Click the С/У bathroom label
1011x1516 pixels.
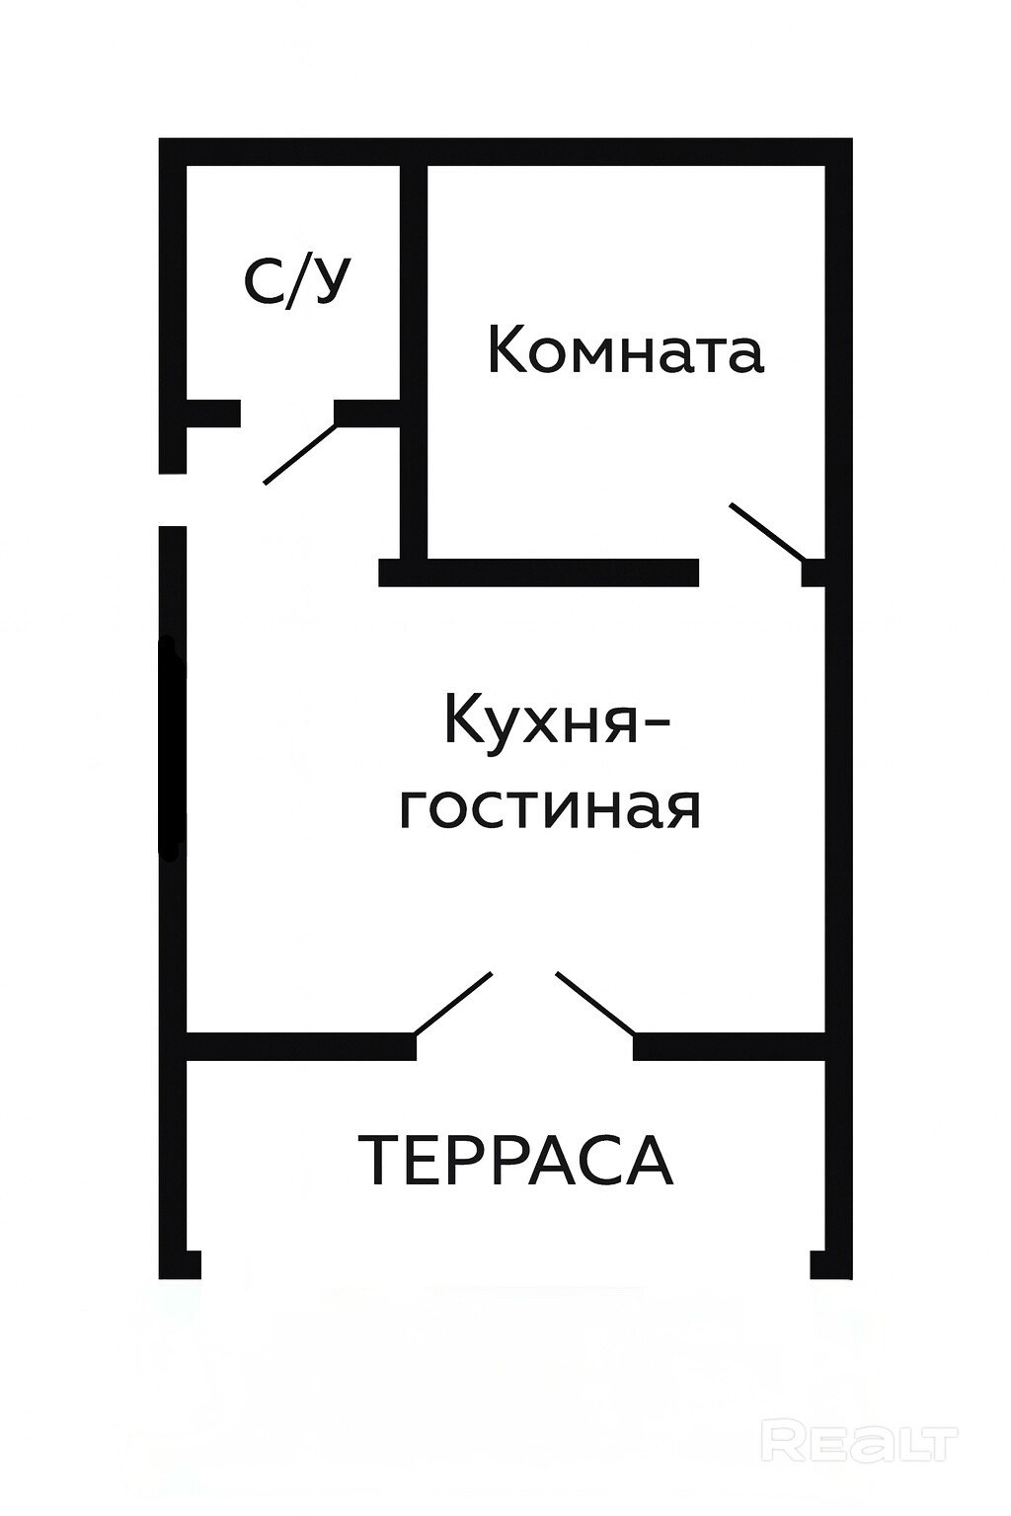click(x=296, y=281)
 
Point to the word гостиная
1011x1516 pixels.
click(x=550, y=807)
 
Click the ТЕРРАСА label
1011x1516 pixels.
click(x=515, y=1161)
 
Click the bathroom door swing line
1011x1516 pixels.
click(x=300, y=455)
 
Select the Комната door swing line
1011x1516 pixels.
click(x=768, y=534)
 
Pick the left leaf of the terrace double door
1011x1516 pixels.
click(x=453, y=1003)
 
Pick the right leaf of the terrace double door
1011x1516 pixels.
click(x=595, y=1003)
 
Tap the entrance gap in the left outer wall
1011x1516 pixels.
click(x=173, y=499)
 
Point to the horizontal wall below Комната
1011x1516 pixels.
click(x=539, y=572)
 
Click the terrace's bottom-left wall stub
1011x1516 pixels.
click(x=182, y=1264)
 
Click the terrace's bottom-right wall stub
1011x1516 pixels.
click(x=829, y=1264)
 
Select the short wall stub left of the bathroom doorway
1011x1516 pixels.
click(x=213, y=413)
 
